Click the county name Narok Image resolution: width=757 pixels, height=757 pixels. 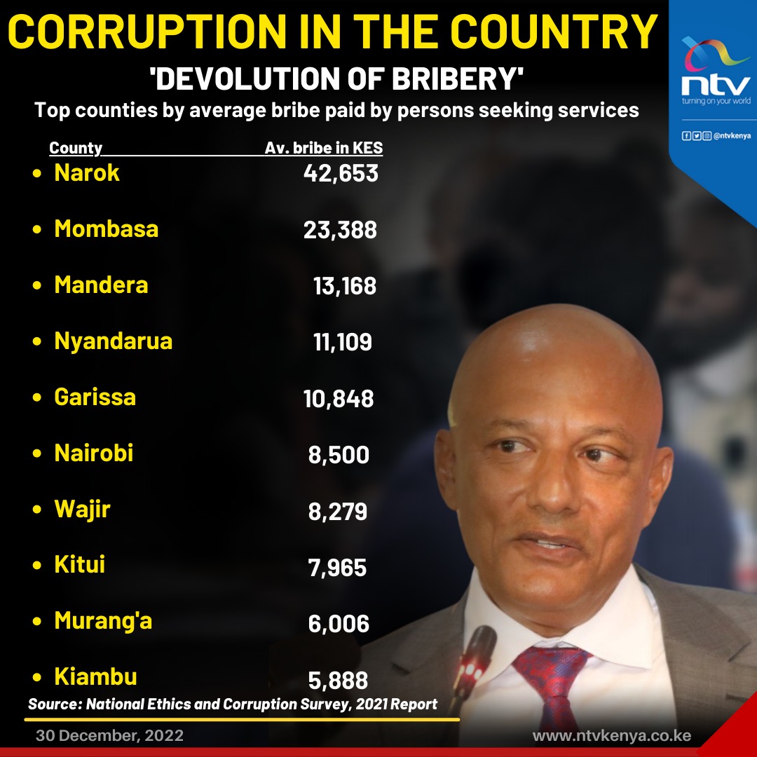(87, 172)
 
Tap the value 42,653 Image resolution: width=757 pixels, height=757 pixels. (341, 173)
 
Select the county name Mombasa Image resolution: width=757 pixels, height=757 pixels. (107, 229)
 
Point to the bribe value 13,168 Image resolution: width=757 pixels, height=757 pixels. (345, 286)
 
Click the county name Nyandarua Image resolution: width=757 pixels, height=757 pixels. (114, 341)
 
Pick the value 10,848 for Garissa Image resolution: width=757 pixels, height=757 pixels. (339, 399)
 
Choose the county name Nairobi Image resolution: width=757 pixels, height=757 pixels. (94, 453)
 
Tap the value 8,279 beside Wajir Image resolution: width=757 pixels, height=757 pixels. (338, 511)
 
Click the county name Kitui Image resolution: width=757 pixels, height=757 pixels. (80, 564)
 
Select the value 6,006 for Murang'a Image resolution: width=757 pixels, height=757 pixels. (339, 623)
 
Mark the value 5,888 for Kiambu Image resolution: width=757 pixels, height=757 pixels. (338, 680)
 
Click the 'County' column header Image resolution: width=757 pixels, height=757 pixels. (76, 149)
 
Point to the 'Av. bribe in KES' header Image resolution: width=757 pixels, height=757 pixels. (324, 149)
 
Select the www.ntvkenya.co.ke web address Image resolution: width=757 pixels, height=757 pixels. (611, 736)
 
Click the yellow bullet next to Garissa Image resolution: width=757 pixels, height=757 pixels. (38, 398)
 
